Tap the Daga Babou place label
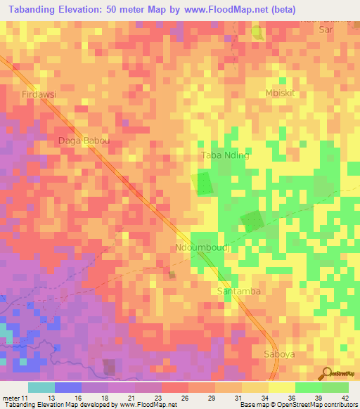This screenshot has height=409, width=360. [x=84, y=141]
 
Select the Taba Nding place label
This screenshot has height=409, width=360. [x=225, y=155]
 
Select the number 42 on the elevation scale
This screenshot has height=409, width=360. [x=345, y=397]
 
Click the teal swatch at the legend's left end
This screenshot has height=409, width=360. [x=41, y=387]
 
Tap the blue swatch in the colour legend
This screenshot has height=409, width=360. [x=67, y=387]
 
